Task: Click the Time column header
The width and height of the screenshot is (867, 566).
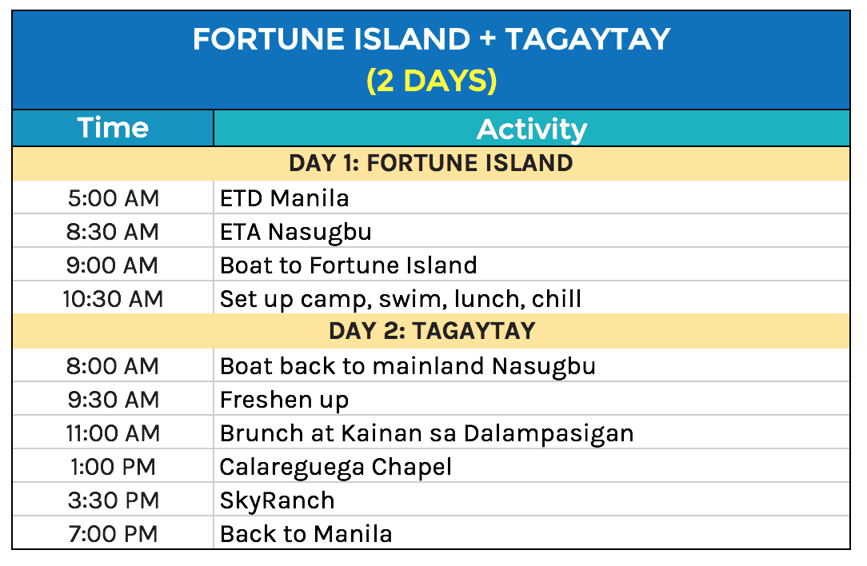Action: [113, 128]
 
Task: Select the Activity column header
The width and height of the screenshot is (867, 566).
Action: [531, 129]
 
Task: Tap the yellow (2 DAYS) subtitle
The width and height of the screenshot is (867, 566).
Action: [431, 81]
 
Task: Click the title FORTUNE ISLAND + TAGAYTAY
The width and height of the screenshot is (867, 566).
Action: [431, 39]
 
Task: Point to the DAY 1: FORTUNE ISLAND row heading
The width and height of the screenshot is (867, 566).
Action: [431, 163]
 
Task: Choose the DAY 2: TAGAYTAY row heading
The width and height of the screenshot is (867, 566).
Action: [431, 330]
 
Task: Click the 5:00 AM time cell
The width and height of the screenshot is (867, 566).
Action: [113, 197]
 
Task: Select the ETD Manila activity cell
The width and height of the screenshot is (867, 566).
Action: [285, 197]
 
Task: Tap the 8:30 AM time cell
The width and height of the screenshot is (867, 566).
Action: [113, 232]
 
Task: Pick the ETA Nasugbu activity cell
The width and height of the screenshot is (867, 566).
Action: [296, 232]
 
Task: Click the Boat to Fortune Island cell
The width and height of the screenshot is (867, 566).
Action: [349, 265]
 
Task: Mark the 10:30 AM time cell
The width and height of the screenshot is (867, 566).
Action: [113, 299]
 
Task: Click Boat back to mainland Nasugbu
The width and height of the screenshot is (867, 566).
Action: [408, 366]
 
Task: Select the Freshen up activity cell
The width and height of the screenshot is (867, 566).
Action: [285, 400]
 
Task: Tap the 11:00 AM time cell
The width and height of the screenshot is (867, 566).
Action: [113, 433]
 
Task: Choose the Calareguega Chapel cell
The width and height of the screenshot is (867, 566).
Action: [336, 467]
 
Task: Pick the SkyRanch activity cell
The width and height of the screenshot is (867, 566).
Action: [278, 500]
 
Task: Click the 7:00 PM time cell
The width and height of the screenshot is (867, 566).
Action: [113, 533]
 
